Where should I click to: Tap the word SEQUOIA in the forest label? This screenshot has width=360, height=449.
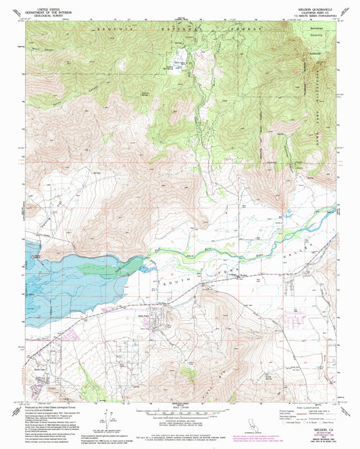click(x=110, y=30)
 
